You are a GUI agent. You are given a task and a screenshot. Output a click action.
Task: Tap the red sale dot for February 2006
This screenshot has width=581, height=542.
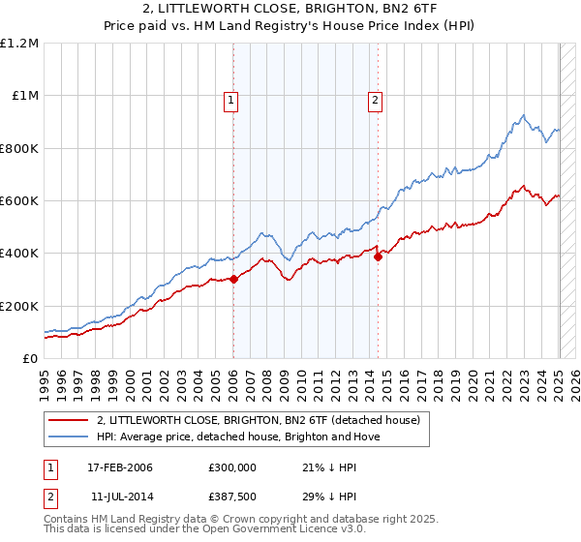coord(233,280)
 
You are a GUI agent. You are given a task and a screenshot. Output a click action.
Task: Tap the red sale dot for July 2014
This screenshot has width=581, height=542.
coord(378,256)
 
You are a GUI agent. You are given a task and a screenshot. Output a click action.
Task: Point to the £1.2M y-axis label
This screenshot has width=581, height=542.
coord(19,43)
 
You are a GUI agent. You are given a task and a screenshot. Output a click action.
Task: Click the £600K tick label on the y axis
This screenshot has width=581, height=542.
coord(19,201)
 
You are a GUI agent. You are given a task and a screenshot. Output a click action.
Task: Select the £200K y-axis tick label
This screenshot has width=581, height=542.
coord(19,306)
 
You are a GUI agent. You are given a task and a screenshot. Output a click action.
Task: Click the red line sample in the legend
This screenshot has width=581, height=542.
coord(68,420)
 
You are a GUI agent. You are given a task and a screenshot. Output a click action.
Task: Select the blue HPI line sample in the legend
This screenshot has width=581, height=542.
coord(68,437)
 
